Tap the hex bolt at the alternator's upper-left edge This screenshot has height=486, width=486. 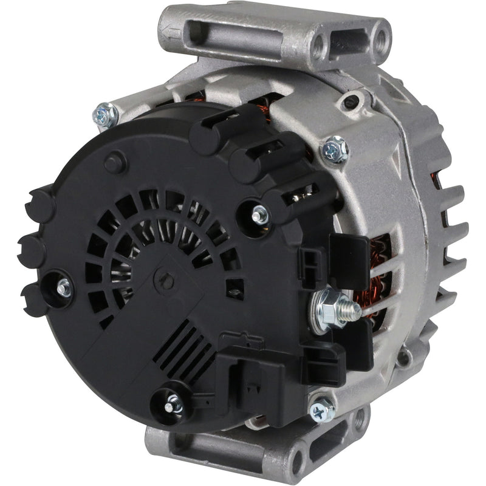(105, 114)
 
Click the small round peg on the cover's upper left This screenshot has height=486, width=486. (114, 163)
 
